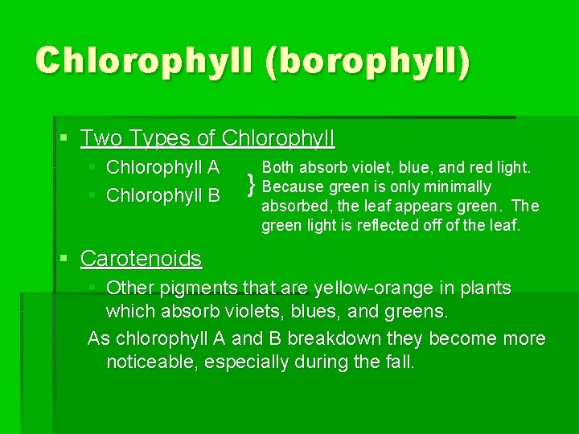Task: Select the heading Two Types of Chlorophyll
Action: click(207, 138)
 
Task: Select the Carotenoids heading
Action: click(141, 259)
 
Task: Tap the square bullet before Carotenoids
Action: click(65, 259)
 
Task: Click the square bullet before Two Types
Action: click(65, 138)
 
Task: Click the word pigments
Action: click(198, 288)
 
